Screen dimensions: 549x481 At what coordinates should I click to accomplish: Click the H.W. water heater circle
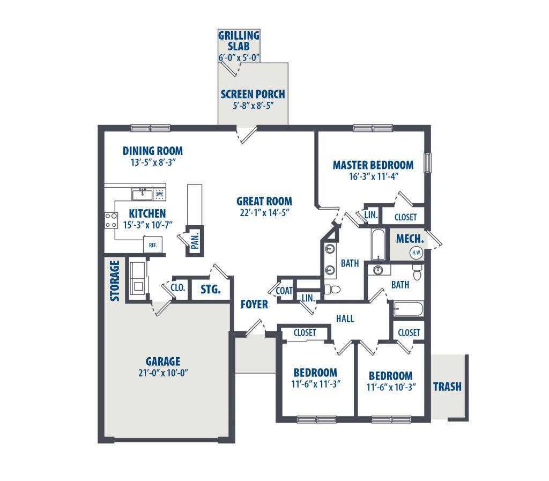point(416,253)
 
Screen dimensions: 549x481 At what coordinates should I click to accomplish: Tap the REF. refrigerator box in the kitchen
point(153,245)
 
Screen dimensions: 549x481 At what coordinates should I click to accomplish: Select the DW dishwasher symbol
point(160,194)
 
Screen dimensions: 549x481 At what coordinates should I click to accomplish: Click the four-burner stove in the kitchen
point(112,220)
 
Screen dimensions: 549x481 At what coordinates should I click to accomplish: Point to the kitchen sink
point(142,194)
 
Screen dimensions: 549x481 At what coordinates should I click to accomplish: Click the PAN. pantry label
point(195,241)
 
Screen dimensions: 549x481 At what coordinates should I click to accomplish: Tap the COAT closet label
point(284,291)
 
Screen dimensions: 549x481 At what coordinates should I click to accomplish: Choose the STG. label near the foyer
point(210,290)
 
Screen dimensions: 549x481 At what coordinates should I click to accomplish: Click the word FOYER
point(254,305)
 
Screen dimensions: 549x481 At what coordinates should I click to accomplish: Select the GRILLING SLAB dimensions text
point(239,57)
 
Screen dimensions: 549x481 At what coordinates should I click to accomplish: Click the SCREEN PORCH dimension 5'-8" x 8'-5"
point(253,106)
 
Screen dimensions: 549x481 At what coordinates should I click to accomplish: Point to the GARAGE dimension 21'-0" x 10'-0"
point(163,373)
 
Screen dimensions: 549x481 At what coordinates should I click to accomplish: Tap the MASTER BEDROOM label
point(373,165)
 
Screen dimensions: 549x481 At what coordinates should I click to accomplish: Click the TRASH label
point(447,387)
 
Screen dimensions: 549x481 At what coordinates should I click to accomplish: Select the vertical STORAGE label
point(115,281)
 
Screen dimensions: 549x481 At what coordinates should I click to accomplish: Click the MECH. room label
point(410,239)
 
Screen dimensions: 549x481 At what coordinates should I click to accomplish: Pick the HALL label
point(345,319)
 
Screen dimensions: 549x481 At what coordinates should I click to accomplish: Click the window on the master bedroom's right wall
point(427,162)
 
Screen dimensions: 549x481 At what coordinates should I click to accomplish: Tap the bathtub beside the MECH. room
point(378,245)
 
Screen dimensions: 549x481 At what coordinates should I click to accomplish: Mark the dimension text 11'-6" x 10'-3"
point(391,387)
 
